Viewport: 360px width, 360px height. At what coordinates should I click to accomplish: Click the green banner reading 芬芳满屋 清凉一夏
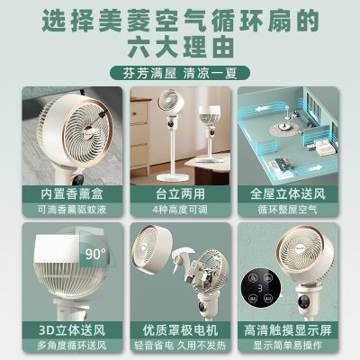click(x=180, y=73)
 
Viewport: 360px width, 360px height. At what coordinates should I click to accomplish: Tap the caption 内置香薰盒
click(x=72, y=193)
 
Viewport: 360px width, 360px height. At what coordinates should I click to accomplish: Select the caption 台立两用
click(x=180, y=193)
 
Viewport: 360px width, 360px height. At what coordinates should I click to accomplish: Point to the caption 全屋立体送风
click(x=288, y=193)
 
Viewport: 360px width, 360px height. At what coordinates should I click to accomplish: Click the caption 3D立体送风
click(x=72, y=330)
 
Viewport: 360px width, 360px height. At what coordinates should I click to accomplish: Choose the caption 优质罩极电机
click(x=180, y=330)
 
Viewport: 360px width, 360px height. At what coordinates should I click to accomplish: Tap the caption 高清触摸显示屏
click(x=288, y=330)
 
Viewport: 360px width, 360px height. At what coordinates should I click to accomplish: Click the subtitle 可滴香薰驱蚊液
click(x=72, y=210)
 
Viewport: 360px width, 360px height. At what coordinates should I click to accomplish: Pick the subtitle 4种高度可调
click(x=180, y=210)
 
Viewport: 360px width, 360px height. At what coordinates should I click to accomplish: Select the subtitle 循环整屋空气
click(x=288, y=210)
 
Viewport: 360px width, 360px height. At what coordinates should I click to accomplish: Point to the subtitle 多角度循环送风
click(x=72, y=346)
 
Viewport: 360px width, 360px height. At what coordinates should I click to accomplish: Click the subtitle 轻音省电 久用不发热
click(x=180, y=346)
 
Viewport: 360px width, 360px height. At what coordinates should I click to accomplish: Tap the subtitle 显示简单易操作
click(x=288, y=346)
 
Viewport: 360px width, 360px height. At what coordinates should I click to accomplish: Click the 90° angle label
click(x=95, y=254)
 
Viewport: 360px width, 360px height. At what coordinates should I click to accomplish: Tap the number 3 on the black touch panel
click(x=260, y=288)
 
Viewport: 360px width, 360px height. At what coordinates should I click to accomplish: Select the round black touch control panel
click(x=261, y=289)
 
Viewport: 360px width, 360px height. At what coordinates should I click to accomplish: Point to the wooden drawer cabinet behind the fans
click(x=139, y=139)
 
